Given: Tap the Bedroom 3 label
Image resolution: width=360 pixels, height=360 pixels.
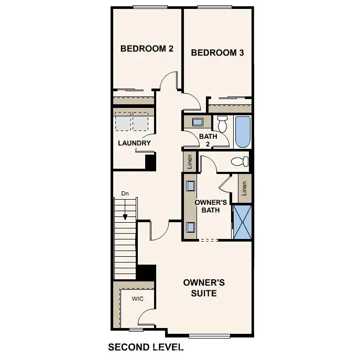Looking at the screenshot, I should (217, 52).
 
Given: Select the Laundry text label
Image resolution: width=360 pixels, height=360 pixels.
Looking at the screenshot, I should (134, 143).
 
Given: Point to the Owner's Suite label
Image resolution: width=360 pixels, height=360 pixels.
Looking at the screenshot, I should (204, 288).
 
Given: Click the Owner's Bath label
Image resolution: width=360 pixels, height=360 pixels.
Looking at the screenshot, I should (210, 206).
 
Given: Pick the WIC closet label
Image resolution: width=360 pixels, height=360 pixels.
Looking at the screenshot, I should (137, 299).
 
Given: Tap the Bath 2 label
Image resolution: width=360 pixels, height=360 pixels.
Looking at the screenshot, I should (208, 140).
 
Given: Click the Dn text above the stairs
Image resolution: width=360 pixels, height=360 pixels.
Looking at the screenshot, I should (125, 193).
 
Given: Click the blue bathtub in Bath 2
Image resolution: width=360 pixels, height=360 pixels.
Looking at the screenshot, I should (243, 132).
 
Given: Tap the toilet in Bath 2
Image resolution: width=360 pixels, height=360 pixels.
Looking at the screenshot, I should (222, 124).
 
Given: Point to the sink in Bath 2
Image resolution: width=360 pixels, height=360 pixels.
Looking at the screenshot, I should (198, 122).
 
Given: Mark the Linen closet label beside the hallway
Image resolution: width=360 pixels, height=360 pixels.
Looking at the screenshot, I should (189, 161).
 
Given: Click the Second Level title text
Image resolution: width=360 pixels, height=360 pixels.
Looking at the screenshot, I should (145, 347).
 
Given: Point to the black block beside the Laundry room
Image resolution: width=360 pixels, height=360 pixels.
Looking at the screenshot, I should (150, 162).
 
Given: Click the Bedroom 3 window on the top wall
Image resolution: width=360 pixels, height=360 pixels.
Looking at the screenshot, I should (214, 7).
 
